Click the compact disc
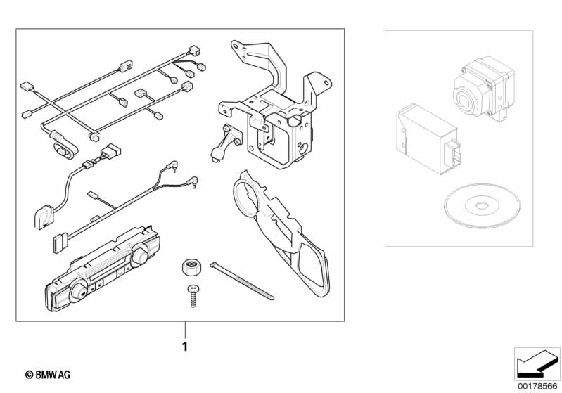pyautogui.click(x=482, y=206)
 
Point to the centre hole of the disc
pyautogui.click(x=482, y=206)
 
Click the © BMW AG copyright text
pyautogui.click(x=48, y=375)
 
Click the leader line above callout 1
pyautogui.click(x=185, y=330)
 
